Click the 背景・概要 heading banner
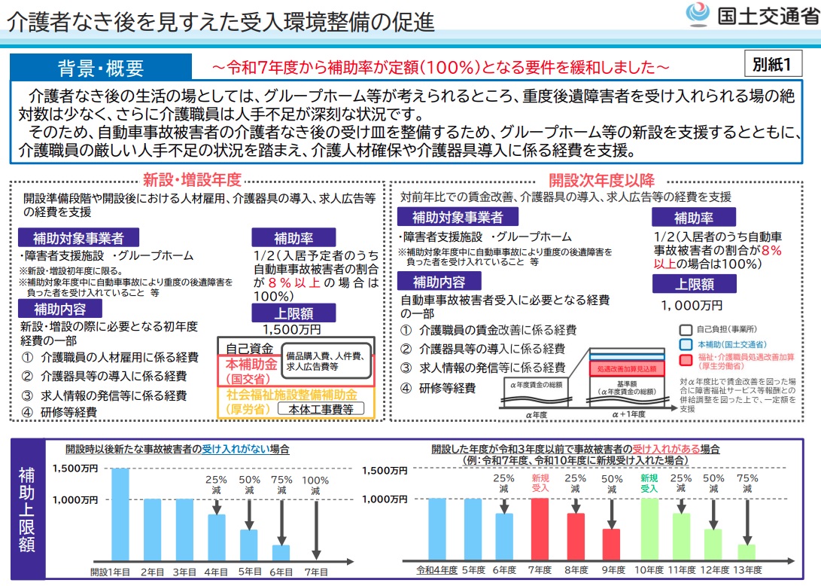point(101,69)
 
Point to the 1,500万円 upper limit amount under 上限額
point(292,329)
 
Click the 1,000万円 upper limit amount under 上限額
point(692,305)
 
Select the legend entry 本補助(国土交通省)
point(719,343)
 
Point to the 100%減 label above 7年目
point(315,484)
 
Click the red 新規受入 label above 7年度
point(540,483)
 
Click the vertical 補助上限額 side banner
point(27,509)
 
